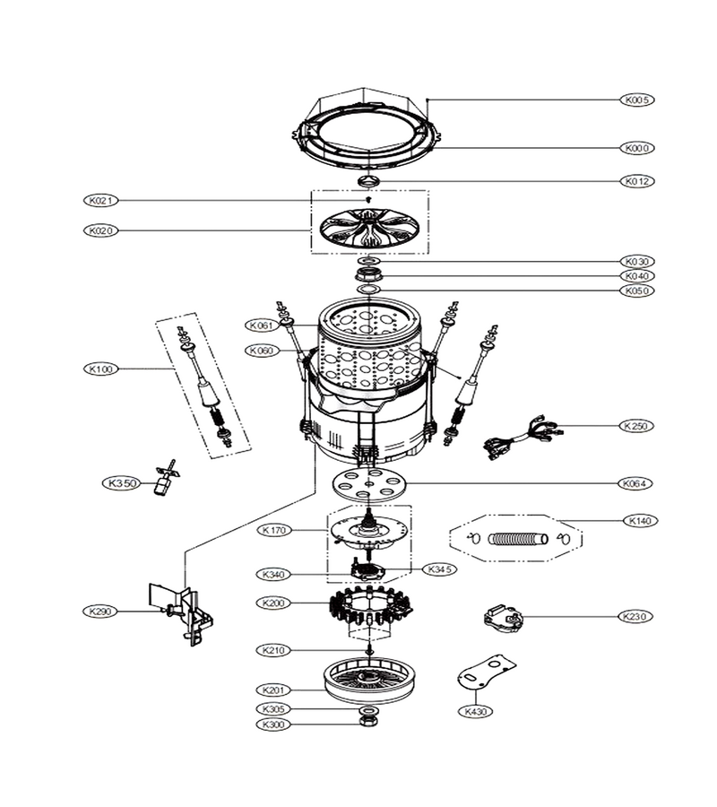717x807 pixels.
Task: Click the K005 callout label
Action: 637,100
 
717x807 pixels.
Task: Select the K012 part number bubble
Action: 637,181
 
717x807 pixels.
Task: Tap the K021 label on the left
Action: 100,200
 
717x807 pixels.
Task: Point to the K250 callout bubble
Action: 635,426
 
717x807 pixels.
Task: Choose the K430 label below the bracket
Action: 475,712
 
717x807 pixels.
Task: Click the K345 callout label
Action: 440,569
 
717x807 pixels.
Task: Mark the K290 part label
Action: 99,612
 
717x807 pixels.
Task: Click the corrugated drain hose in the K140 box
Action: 517,539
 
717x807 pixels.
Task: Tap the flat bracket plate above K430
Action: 486,672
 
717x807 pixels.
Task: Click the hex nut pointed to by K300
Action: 367,722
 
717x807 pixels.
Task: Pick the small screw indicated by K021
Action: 368,199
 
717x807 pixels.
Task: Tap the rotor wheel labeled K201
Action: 369,682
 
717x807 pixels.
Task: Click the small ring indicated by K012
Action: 368,180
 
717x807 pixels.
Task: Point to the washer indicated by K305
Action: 367,711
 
